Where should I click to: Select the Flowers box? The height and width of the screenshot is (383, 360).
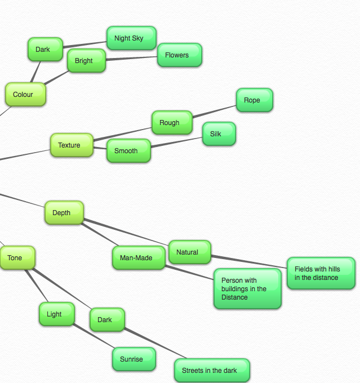tap(179, 55)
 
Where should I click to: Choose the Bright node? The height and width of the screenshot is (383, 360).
tap(86, 61)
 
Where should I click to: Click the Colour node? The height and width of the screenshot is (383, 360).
tap(25, 95)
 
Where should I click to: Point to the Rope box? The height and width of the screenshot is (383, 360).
tap(254, 100)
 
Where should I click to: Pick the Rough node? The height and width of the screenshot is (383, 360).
tap(172, 123)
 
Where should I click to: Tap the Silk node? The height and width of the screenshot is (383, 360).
tap(219, 134)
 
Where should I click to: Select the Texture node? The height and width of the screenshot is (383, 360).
tap(72, 145)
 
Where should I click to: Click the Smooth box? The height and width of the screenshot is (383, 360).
tap(128, 151)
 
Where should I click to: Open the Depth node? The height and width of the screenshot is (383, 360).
tap(64, 213)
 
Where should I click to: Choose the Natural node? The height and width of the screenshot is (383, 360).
tap(189, 252)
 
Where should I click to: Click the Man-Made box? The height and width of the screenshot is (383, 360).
tap(139, 258)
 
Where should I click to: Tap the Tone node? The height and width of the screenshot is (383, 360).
tap(17, 258)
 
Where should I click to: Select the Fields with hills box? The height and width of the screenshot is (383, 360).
tap(321, 274)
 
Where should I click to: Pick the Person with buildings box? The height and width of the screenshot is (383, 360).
tap(247, 288)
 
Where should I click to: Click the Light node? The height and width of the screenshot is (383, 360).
tap(56, 314)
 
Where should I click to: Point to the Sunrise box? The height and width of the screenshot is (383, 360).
tap(134, 359)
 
